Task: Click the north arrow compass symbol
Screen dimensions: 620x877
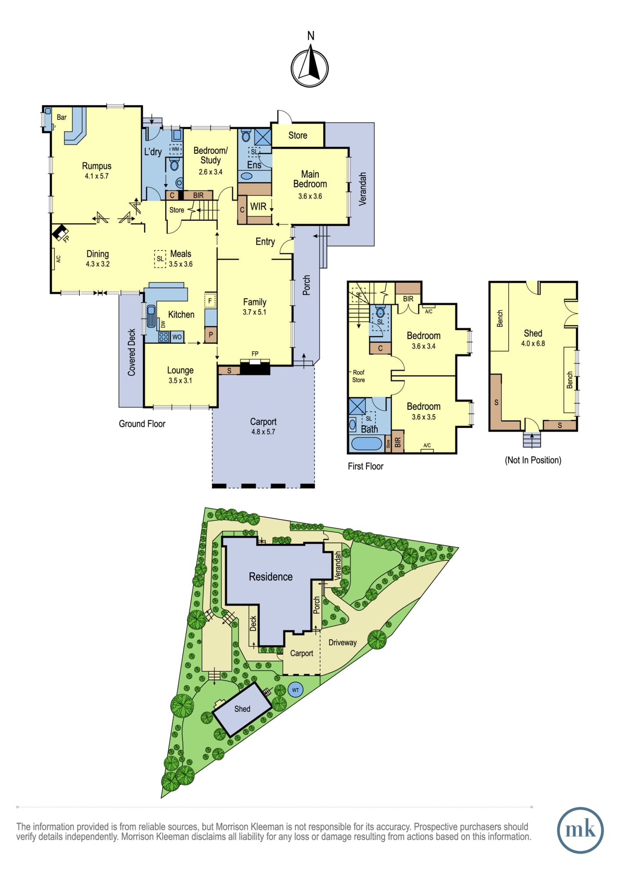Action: pos(310,68)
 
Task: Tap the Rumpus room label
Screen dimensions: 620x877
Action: pos(96,166)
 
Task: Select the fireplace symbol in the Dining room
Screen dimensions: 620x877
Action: pos(60,232)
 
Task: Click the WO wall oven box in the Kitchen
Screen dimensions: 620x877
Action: pos(177,337)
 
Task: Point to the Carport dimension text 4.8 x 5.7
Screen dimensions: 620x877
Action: pos(263,432)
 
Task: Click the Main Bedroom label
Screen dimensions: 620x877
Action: pos(310,179)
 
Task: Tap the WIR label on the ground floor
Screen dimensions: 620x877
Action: pos(258,207)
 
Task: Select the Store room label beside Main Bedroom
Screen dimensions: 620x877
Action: pos(298,135)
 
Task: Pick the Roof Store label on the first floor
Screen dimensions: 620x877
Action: pos(358,376)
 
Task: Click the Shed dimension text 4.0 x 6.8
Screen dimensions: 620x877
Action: pos(533,344)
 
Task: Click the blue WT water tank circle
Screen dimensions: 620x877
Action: pos(296,690)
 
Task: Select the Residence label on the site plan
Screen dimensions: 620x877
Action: pos(271,577)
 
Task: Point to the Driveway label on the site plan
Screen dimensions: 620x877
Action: pos(342,642)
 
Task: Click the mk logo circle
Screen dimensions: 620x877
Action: pos(580,831)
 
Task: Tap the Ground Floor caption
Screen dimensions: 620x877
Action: pos(142,424)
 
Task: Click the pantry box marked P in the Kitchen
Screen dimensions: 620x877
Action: pos(210,335)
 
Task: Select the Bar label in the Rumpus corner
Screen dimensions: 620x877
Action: pos(61,117)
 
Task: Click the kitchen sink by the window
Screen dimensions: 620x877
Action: pos(151,316)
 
